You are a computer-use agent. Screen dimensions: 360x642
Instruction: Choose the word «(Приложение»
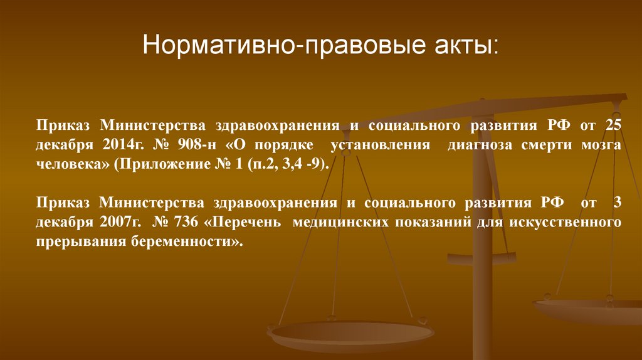(x=147, y=165)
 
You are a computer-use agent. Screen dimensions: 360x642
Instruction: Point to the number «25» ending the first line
(x=613, y=125)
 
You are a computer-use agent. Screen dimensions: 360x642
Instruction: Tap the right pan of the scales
(x=589, y=309)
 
